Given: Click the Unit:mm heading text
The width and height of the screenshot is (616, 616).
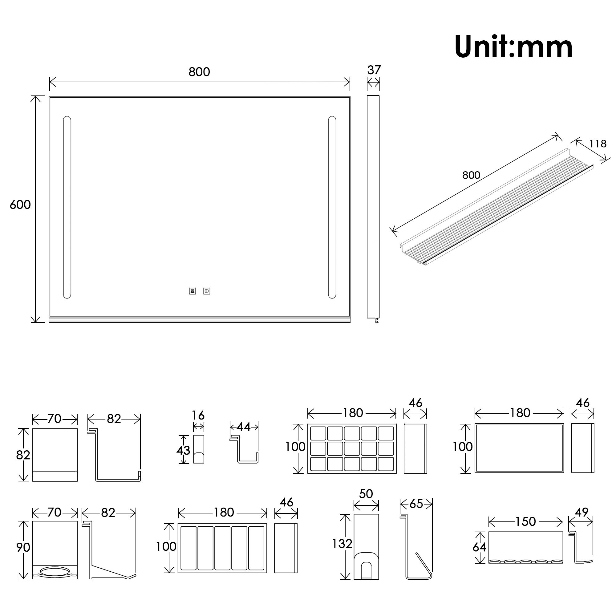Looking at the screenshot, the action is point(513,47).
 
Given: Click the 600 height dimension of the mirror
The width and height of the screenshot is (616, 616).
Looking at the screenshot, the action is point(20,205).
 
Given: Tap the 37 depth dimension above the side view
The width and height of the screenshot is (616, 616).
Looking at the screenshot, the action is point(374,70).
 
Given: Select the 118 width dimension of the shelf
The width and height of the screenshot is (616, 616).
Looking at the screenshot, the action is point(598,144).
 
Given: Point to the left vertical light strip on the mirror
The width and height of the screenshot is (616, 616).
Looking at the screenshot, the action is point(67,207).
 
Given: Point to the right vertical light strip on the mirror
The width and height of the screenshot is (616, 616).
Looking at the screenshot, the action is point(332,207).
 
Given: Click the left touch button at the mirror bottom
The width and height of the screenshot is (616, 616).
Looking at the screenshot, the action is point(192,291).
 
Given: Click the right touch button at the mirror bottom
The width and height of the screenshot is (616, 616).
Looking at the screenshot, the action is point(207,291).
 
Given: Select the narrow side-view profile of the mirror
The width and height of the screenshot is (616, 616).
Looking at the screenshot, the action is point(373,209).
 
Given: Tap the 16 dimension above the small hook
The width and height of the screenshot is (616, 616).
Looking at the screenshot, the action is point(198,415).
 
